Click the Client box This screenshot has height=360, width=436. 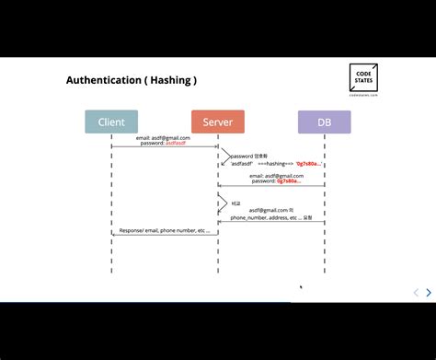click(111, 122)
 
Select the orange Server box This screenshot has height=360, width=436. click(218, 122)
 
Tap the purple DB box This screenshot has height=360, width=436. click(324, 122)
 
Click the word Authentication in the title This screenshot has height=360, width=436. click(101, 80)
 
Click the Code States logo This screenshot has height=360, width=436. click(363, 76)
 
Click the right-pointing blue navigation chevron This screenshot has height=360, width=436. click(429, 293)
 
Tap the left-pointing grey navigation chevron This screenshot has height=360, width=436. click(416, 293)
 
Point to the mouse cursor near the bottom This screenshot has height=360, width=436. click(301, 287)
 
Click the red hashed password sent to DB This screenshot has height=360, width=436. click(292, 181)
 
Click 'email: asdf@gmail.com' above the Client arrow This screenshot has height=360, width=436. click(165, 138)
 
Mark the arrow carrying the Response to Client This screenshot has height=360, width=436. click(165, 235)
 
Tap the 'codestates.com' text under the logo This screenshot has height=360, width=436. click(363, 94)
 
